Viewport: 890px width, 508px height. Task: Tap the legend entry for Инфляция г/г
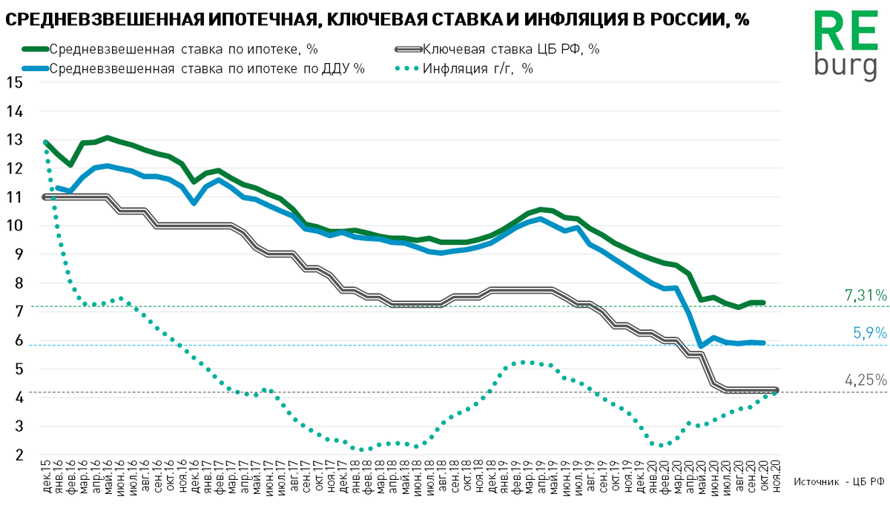tap(478, 68)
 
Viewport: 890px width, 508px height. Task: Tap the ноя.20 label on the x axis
tap(776, 479)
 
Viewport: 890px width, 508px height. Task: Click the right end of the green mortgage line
tap(763, 303)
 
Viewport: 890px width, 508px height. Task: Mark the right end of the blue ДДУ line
tap(763, 343)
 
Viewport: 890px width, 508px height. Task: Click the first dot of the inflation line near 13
tap(46, 142)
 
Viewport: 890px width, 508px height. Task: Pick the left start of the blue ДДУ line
tap(58, 188)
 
